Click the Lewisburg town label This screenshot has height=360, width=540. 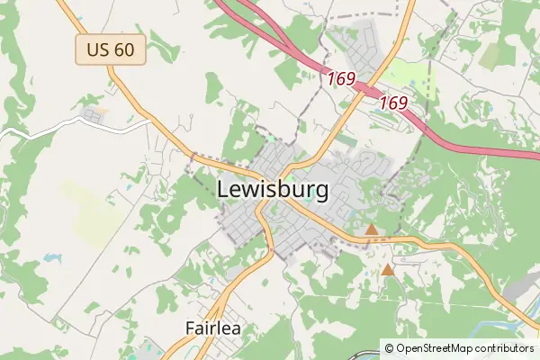[273, 191]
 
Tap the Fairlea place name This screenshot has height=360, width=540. [213, 328]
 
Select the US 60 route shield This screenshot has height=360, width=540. [111, 49]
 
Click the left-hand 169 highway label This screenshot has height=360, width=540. [341, 78]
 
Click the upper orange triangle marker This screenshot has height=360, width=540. [371, 230]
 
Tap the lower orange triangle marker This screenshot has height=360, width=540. [388, 269]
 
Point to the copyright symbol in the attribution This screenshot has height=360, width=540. [389, 347]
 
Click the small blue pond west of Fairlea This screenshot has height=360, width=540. [50, 257]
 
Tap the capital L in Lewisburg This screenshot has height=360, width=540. [223, 191]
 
